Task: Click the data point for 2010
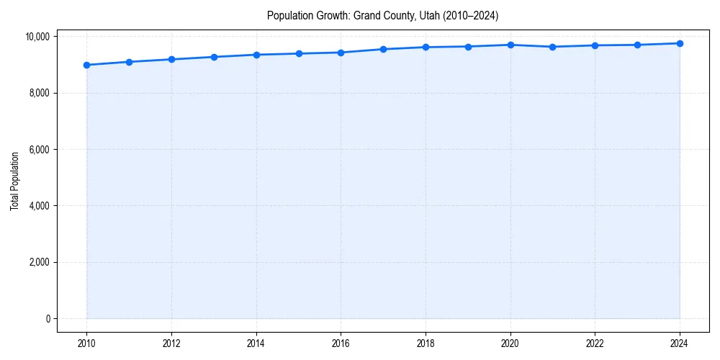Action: [86, 65]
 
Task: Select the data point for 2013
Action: [214, 57]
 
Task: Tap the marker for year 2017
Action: [383, 49]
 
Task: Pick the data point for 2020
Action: [510, 45]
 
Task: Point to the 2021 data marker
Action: [553, 47]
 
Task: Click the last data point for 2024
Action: [680, 43]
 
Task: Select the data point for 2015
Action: [299, 53]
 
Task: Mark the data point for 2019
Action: [468, 47]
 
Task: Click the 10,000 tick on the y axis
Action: [37, 37]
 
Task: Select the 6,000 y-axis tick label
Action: [39, 150]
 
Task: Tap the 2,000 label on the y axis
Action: [39, 262]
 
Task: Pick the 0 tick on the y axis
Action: [47, 319]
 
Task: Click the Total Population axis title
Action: [14, 181]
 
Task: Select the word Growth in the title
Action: [333, 15]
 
